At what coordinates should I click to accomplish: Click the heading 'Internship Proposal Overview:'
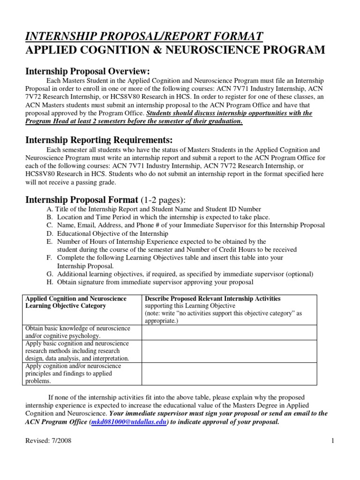[87, 71]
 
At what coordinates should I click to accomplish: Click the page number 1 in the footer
[332, 454]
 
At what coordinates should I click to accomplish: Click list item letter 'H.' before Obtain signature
[50, 282]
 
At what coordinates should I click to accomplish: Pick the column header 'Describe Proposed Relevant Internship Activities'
[213, 299]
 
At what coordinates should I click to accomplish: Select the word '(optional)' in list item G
[300, 274]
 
